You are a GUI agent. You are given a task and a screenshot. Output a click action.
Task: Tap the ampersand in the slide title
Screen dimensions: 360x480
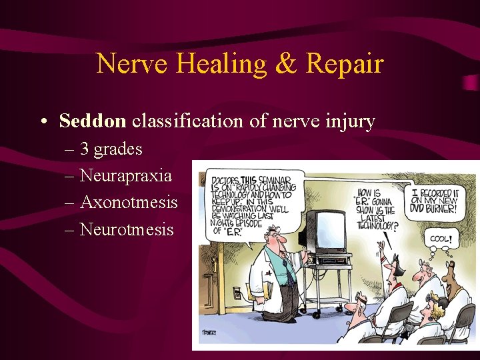tap(287, 64)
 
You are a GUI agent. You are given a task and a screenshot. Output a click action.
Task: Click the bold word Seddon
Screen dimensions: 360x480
tap(92, 121)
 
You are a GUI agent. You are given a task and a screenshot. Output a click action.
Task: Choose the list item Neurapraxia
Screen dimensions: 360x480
tap(125, 176)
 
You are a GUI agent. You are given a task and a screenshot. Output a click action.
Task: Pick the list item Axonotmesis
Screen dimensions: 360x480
tap(128, 202)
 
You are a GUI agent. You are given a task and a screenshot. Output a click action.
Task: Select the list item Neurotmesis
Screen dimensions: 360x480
tap(126, 229)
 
